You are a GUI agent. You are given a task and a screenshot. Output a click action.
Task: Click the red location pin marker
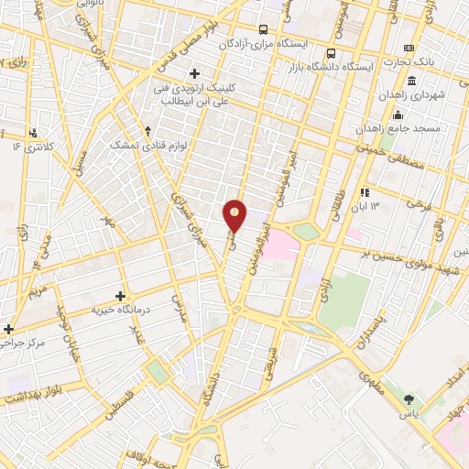(235, 215)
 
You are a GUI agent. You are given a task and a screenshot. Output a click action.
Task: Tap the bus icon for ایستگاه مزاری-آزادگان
(264, 29)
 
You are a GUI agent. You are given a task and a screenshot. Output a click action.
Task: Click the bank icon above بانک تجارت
(409, 49)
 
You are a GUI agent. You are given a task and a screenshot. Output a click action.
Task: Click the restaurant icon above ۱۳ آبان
(365, 193)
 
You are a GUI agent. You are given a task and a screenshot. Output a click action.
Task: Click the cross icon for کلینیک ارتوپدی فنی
(193, 73)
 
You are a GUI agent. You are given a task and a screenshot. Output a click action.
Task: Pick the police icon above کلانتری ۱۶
(34, 133)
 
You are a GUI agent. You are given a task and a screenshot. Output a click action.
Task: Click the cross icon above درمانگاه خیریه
(120, 296)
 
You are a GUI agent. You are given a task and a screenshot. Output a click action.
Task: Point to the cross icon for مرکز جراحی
(9, 328)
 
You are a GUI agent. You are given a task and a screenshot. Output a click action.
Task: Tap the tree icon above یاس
(409, 398)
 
